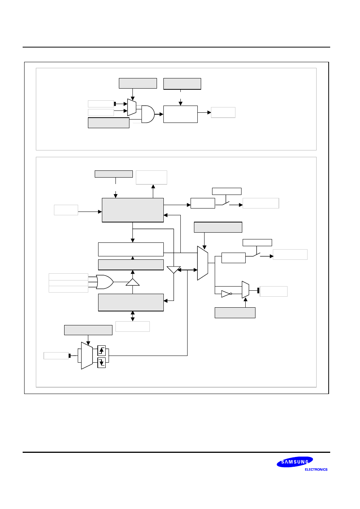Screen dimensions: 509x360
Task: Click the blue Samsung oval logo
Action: click(295, 462)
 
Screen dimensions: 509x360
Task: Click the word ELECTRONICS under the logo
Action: click(316, 469)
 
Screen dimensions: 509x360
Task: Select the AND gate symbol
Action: click(148, 114)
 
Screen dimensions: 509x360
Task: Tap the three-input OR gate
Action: click(104, 282)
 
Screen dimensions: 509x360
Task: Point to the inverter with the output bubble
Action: click(226, 294)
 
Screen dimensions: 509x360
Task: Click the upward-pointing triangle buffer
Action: click(132, 282)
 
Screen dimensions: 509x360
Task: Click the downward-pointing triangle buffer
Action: click(174, 270)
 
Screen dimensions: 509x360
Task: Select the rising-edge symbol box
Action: click(102, 351)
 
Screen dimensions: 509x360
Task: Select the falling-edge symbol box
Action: click(102, 363)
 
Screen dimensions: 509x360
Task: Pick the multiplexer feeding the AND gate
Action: click(132, 107)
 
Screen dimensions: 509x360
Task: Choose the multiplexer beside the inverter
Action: click(245, 290)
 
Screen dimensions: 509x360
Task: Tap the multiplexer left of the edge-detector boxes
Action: click(87, 356)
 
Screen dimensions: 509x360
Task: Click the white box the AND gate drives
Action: click(180, 114)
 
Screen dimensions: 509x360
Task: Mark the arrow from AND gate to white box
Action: click(159, 114)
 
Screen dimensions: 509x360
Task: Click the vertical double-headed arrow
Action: click(132, 316)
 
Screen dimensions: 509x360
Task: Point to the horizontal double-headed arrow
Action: click(187, 270)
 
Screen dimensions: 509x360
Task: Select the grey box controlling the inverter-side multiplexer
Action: click(235, 313)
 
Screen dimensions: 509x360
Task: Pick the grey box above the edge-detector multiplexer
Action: click(88, 330)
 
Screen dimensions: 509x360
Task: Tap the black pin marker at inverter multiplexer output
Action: click(258, 290)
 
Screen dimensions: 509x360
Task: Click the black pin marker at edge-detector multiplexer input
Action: click(69, 356)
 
